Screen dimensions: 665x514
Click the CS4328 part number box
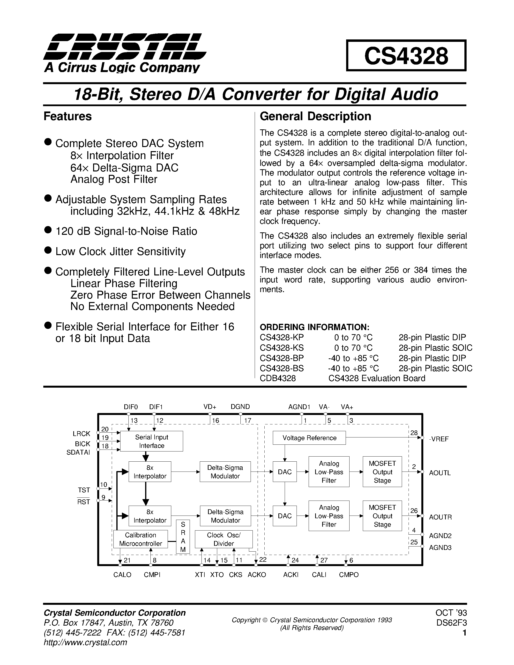coord(406,56)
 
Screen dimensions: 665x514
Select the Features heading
coord(67,116)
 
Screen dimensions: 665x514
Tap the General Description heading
coord(315,116)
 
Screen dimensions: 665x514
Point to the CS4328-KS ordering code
coord(281,348)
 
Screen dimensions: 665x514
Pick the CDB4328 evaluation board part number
coord(277,378)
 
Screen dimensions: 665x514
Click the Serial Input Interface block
coord(152,441)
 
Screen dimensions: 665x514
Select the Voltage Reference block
coord(309,438)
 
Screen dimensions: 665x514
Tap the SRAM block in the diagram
coord(183,537)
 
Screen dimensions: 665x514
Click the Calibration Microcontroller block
coord(140,539)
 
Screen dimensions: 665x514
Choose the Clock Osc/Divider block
coord(223,539)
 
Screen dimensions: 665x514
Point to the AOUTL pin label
coord(440,473)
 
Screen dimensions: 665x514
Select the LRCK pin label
coord(81,434)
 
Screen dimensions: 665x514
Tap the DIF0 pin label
coord(131,407)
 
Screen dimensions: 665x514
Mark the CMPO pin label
coord(349,575)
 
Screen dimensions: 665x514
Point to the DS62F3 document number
coord(451,623)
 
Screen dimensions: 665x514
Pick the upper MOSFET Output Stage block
coord(382,472)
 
